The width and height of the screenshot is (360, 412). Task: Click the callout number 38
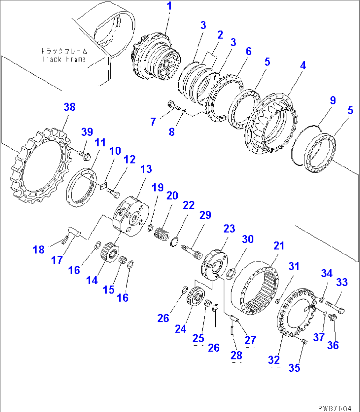[70, 107]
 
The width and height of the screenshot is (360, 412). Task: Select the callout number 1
[169, 6]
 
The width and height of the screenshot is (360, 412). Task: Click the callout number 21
[279, 246]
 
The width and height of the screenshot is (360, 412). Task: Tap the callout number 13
[146, 169]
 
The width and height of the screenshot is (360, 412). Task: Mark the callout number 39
[87, 132]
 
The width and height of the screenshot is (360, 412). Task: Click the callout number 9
[333, 100]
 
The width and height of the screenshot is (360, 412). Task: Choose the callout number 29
[205, 215]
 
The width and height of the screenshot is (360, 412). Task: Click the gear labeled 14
[109, 252]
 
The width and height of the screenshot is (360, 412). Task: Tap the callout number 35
[294, 368]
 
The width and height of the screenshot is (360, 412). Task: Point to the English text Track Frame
[64, 59]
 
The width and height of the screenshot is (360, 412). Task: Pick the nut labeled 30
[233, 273]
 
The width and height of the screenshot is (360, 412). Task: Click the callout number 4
[303, 65]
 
